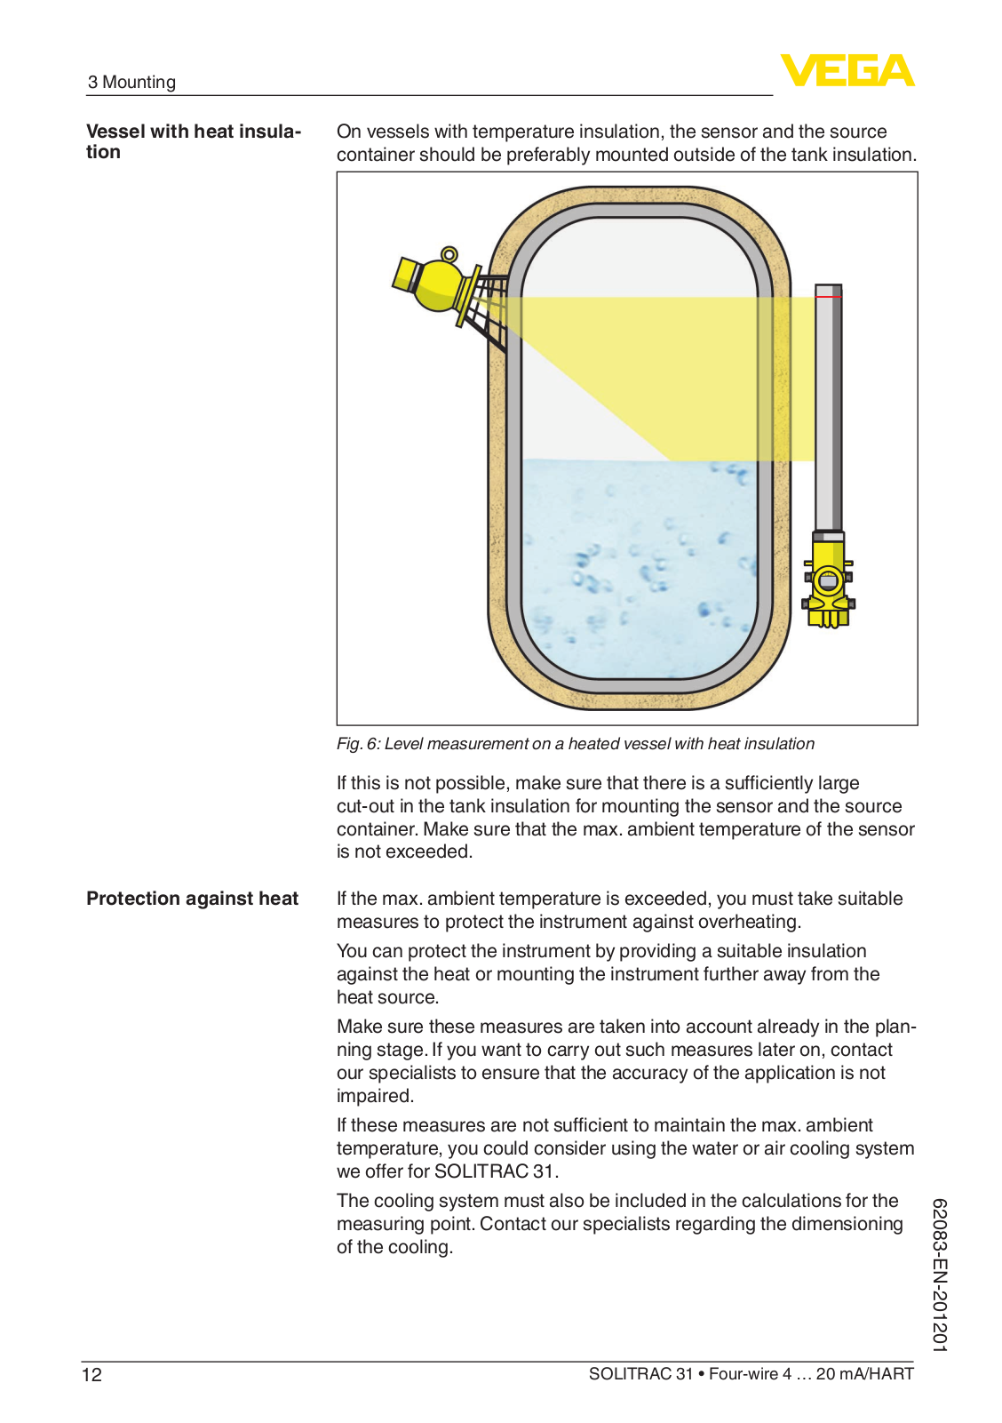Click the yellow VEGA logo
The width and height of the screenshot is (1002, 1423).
click(847, 70)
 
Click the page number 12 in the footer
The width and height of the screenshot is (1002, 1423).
click(91, 1375)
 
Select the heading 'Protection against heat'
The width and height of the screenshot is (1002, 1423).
click(192, 899)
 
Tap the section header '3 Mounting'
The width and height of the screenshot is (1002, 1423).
click(131, 82)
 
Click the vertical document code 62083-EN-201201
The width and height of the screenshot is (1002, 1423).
click(940, 1275)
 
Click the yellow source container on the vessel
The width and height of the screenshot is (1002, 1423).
click(434, 284)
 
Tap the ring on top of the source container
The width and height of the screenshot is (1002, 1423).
click(449, 255)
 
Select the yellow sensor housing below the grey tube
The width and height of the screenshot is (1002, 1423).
click(828, 582)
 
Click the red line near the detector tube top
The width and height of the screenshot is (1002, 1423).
click(828, 297)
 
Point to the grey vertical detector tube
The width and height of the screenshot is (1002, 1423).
click(828, 409)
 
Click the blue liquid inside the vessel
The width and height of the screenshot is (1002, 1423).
click(640, 569)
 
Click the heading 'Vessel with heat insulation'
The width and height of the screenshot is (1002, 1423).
click(193, 141)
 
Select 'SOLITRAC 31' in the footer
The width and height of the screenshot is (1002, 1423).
click(640, 1374)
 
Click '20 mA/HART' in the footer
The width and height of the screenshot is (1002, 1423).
click(864, 1374)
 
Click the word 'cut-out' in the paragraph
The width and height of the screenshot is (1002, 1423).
click(366, 806)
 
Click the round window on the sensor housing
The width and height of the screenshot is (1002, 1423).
click(828, 583)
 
